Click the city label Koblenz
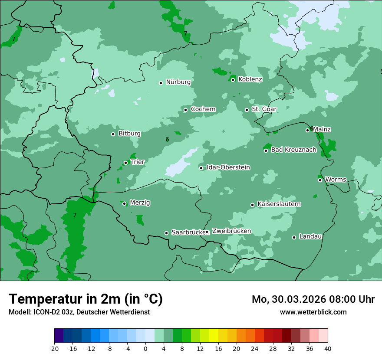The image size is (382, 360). [250, 79]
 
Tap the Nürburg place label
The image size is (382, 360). [178, 82]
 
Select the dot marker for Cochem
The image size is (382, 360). [185, 110]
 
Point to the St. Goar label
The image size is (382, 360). [264, 109]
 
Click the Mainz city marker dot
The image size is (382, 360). [307, 130]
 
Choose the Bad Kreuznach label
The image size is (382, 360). [293, 150]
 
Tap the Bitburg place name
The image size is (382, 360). [129, 134]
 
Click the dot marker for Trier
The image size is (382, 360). [125, 163]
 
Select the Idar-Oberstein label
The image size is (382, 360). [228, 167]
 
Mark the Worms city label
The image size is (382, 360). [336, 180]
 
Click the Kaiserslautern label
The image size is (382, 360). [279, 204]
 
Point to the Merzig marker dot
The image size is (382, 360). [124, 203]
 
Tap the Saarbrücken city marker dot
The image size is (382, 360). [166, 233]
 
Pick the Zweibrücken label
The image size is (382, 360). [231, 231]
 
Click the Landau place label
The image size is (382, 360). [310, 237]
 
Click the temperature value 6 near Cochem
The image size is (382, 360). [167, 140]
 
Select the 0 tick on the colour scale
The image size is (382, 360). [145, 348]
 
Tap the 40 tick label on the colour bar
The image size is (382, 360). [327, 348]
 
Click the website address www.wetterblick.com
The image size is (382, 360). [313, 312]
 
